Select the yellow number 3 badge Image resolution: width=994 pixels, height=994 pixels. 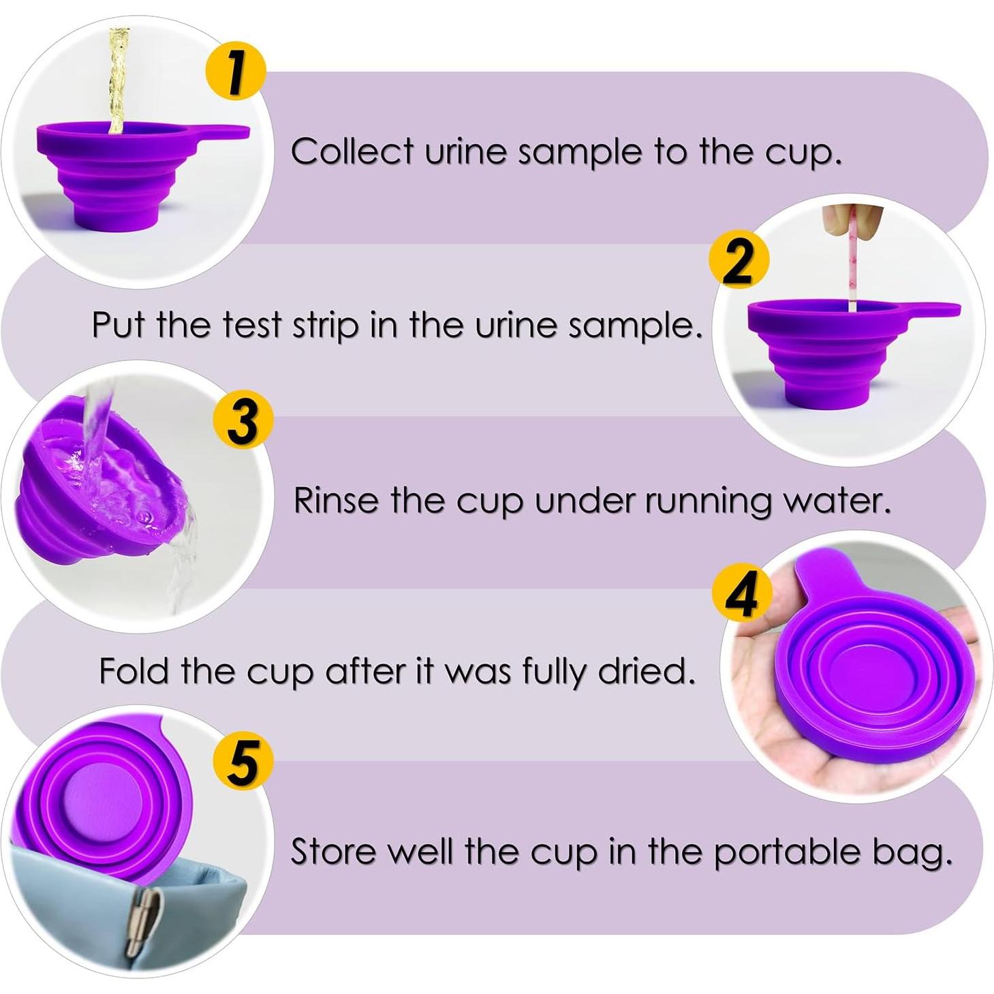243,422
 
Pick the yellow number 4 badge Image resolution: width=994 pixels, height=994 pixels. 742,594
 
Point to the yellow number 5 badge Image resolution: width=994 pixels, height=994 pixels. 243,762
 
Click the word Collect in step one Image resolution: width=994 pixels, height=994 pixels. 352,151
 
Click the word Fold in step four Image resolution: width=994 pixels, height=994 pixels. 134,671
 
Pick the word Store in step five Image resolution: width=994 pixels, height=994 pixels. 331,851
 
